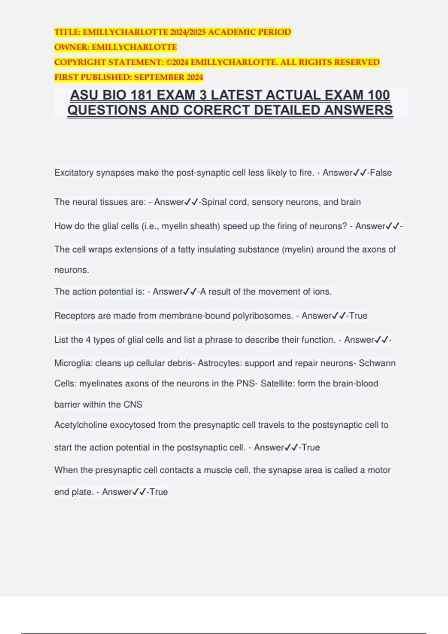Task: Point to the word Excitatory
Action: click(x=74, y=173)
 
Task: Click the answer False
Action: click(x=381, y=173)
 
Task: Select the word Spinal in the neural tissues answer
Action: click(x=213, y=202)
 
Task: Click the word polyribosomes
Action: click(x=263, y=316)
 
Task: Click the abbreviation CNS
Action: click(x=133, y=405)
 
